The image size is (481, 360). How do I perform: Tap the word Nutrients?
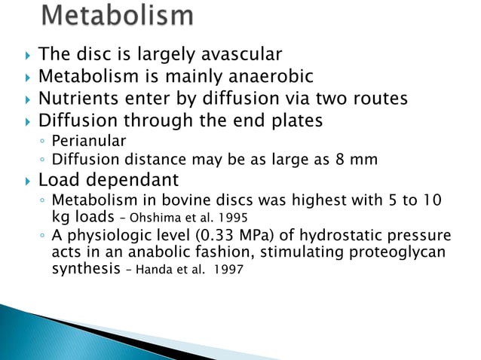coord(79,99)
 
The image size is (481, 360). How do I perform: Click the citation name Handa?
coord(146,270)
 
